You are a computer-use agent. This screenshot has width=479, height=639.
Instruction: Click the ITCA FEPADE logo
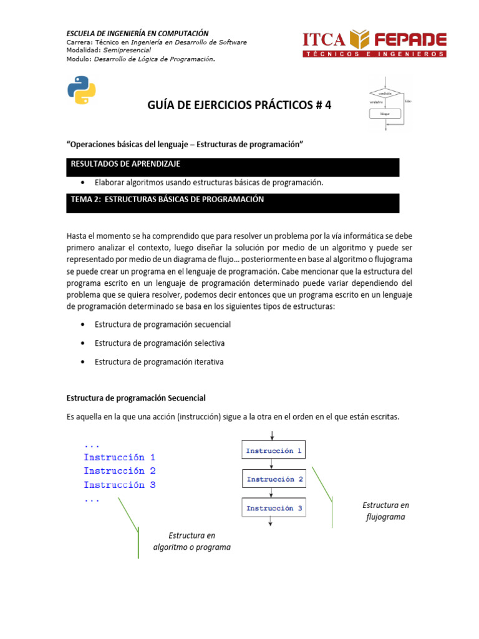point(374,44)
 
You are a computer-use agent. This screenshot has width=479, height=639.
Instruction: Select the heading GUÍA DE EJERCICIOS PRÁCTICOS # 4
point(239,105)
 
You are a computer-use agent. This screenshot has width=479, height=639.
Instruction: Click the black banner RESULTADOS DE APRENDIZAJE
point(232,167)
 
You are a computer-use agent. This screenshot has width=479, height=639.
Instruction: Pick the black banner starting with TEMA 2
point(232,202)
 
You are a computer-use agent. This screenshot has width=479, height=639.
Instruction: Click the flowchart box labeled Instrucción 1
point(274,451)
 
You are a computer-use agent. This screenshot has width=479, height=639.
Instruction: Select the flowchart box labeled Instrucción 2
point(274,479)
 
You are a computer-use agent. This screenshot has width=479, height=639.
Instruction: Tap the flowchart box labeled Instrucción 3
point(274,508)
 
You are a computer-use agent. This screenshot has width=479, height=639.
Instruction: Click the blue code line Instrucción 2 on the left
point(119,471)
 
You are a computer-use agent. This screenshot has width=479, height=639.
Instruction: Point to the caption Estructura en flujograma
point(385,510)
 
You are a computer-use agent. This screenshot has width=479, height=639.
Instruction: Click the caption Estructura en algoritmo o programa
point(191,541)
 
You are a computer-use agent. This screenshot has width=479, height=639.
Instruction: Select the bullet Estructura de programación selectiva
point(159,343)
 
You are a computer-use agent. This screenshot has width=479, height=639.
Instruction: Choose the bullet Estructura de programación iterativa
point(158,362)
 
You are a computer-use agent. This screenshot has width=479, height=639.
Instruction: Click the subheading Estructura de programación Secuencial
point(136,398)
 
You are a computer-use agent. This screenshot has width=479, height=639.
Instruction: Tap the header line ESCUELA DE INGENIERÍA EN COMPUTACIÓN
point(137,33)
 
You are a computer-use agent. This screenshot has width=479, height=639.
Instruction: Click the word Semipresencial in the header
point(123,51)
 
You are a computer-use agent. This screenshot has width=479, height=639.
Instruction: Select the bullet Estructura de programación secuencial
point(162,324)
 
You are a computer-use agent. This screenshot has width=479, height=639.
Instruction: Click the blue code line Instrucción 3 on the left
point(119,485)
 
